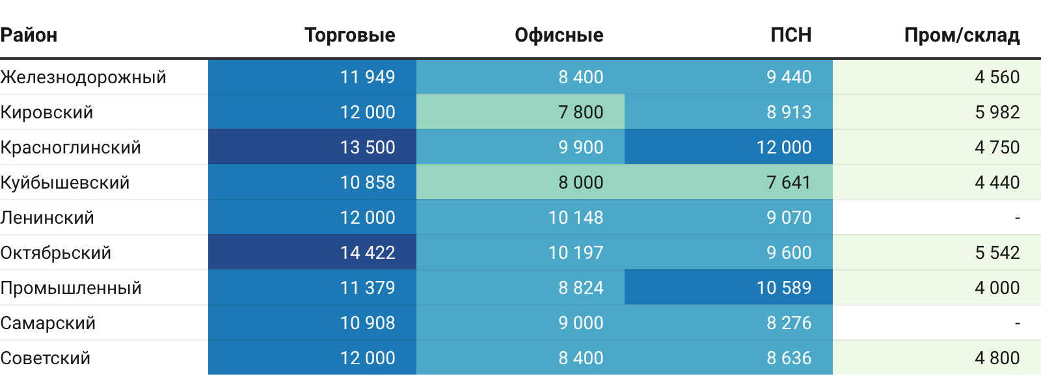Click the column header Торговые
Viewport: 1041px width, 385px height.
[x=350, y=35]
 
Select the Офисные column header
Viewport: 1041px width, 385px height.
[x=559, y=35]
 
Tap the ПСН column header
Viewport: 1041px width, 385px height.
[x=791, y=35]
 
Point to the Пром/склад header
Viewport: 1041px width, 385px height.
[x=962, y=35]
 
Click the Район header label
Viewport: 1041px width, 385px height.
[x=29, y=35]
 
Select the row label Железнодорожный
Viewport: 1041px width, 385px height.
[x=83, y=77]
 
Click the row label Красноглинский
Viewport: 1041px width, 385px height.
[x=71, y=147]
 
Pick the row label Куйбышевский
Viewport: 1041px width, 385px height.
[x=64, y=182]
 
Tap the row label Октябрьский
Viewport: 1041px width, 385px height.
[x=56, y=252]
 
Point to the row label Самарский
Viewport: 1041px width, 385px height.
[x=48, y=323]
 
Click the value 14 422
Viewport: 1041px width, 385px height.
[x=368, y=252]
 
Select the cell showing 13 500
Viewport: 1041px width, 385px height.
[x=368, y=147]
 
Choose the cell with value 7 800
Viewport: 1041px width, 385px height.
[x=581, y=112]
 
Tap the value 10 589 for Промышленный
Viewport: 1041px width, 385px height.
[x=784, y=288]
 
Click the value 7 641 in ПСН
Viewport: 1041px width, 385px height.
[x=789, y=183]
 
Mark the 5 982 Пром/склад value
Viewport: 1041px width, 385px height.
[x=997, y=112]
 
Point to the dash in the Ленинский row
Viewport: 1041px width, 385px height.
[x=1018, y=218]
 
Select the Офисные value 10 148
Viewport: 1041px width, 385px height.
[x=576, y=217]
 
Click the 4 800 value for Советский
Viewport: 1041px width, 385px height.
[x=997, y=358]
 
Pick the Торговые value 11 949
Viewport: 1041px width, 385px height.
[x=368, y=77]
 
